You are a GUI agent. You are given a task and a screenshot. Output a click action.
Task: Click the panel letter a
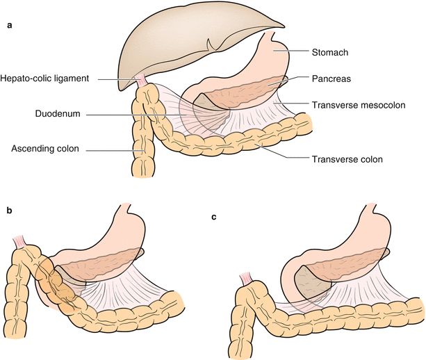(x=9, y=27)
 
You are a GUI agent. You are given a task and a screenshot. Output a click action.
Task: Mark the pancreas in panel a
(x=240, y=90)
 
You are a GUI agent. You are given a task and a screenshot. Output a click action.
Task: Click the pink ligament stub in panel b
(x=15, y=242)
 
